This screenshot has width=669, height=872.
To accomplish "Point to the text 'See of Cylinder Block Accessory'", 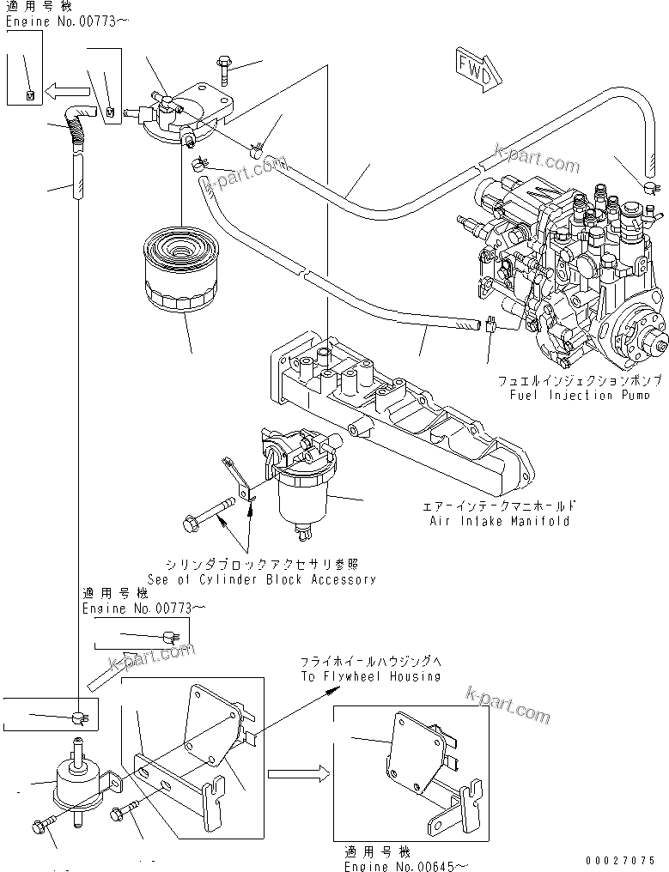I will tap(261, 578).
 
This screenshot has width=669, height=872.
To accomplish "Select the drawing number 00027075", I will tap(621, 860).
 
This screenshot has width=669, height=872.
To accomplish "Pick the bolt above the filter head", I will tap(222, 69).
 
